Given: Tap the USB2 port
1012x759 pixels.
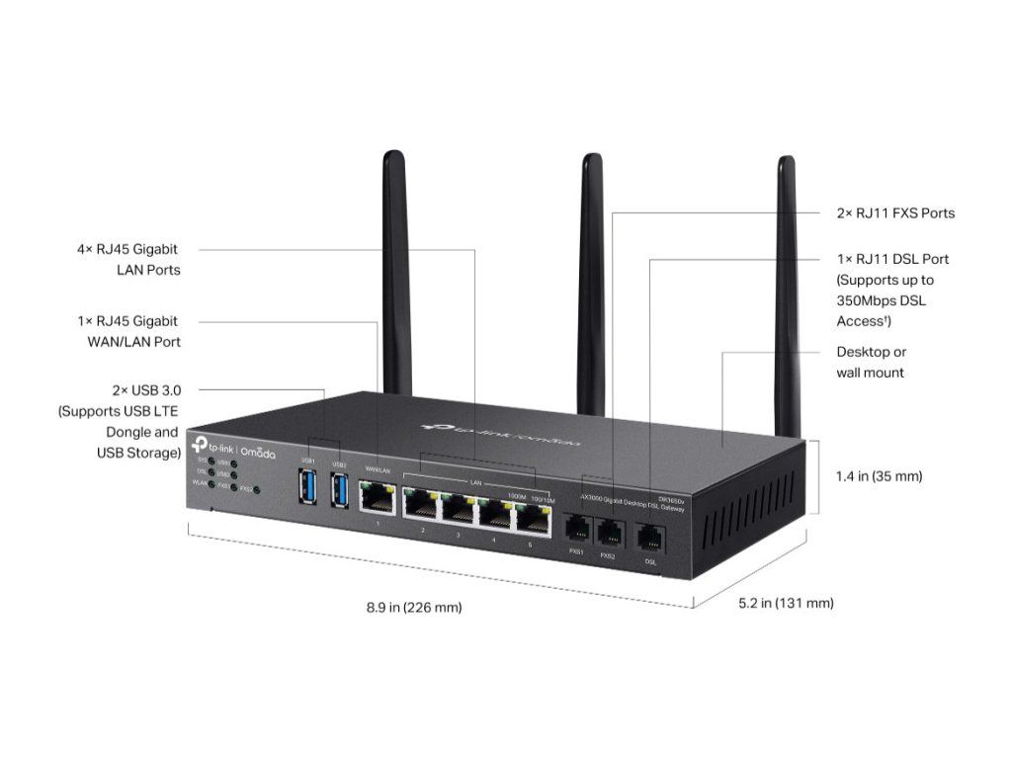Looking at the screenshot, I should [340, 491].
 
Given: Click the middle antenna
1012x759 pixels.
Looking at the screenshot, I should [592, 277].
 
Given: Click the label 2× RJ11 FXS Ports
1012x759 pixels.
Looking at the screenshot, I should [895, 213].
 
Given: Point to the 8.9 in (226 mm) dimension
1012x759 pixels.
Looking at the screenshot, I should [414, 607].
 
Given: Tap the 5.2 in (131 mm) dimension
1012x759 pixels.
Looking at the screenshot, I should [787, 603].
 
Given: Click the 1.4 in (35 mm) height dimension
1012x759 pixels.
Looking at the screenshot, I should [879, 476].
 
